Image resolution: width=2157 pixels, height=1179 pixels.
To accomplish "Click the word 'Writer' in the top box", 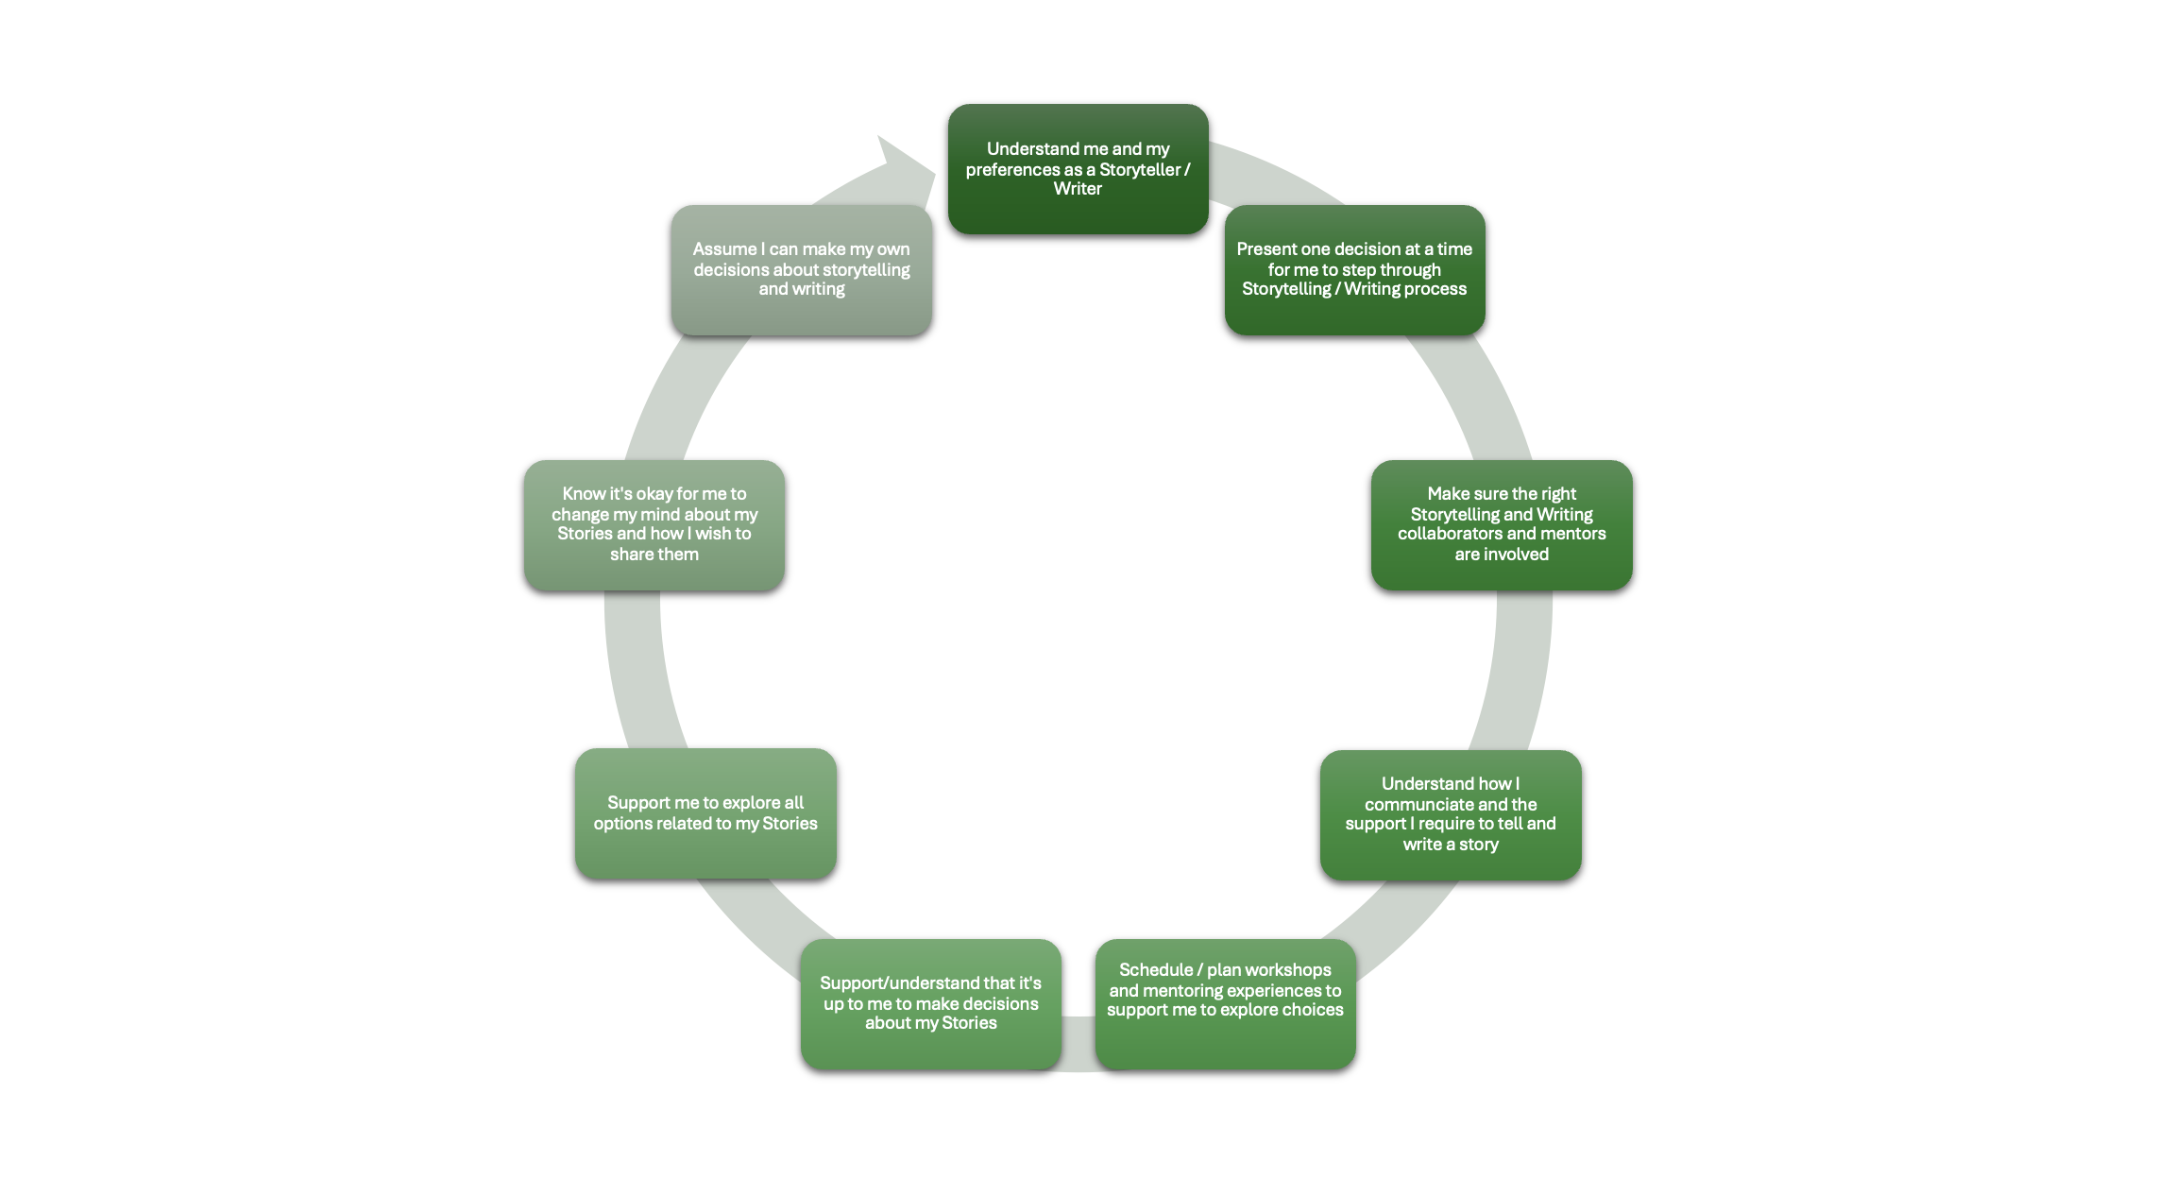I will (1078, 189).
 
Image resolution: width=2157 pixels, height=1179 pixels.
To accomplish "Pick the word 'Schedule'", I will (1156, 970).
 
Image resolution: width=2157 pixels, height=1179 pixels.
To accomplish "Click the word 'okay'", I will (654, 494).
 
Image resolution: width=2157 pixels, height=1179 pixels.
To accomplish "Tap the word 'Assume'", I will (724, 249).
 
